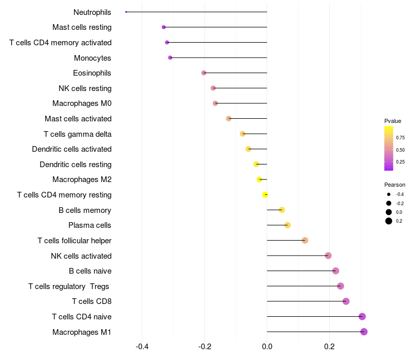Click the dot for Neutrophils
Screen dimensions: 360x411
pyautogui.click(x=126, y=12)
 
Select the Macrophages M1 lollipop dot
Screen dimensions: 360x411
pyautogui.click(x=364, y=332)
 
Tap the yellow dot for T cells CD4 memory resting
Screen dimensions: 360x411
pyautogui.click(x=265, y=195)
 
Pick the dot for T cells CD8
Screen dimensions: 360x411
pyautogui.click(x=346, y=301)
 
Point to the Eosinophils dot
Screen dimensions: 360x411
pyautogui.click(x=204, y=73)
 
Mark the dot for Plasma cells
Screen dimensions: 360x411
pyautogui.click(x=288, y=225)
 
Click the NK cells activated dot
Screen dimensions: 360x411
pyautogui.click(x=328, y=256)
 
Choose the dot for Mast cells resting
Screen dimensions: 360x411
pyautogui.click(x=164, y=27)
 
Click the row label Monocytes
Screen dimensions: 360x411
pyautogui.click(x=92, y=58)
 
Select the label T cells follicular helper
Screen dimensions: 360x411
pyautogui.click(x=74, y=240)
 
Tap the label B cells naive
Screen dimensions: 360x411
pyautogui.click(x=90, y=271)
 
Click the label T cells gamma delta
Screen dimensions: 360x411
pyautogui.click(x=78, y=134)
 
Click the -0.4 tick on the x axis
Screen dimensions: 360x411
pyautogui.click(x=142, y=347)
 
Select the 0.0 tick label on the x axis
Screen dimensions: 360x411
pyautogui.click(x=267, y=347)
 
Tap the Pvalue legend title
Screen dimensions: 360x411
pyautogui.click(x=393, y=121)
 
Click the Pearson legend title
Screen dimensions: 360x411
pyautogui.click(x=395, y=185)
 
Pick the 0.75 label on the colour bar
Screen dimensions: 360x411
pyautogui.click(x=400, y=138)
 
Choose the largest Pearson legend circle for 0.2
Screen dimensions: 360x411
pyautogui.click(x=389, y=221)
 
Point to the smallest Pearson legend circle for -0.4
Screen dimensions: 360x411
pyautogui.click(x=389, y=194)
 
